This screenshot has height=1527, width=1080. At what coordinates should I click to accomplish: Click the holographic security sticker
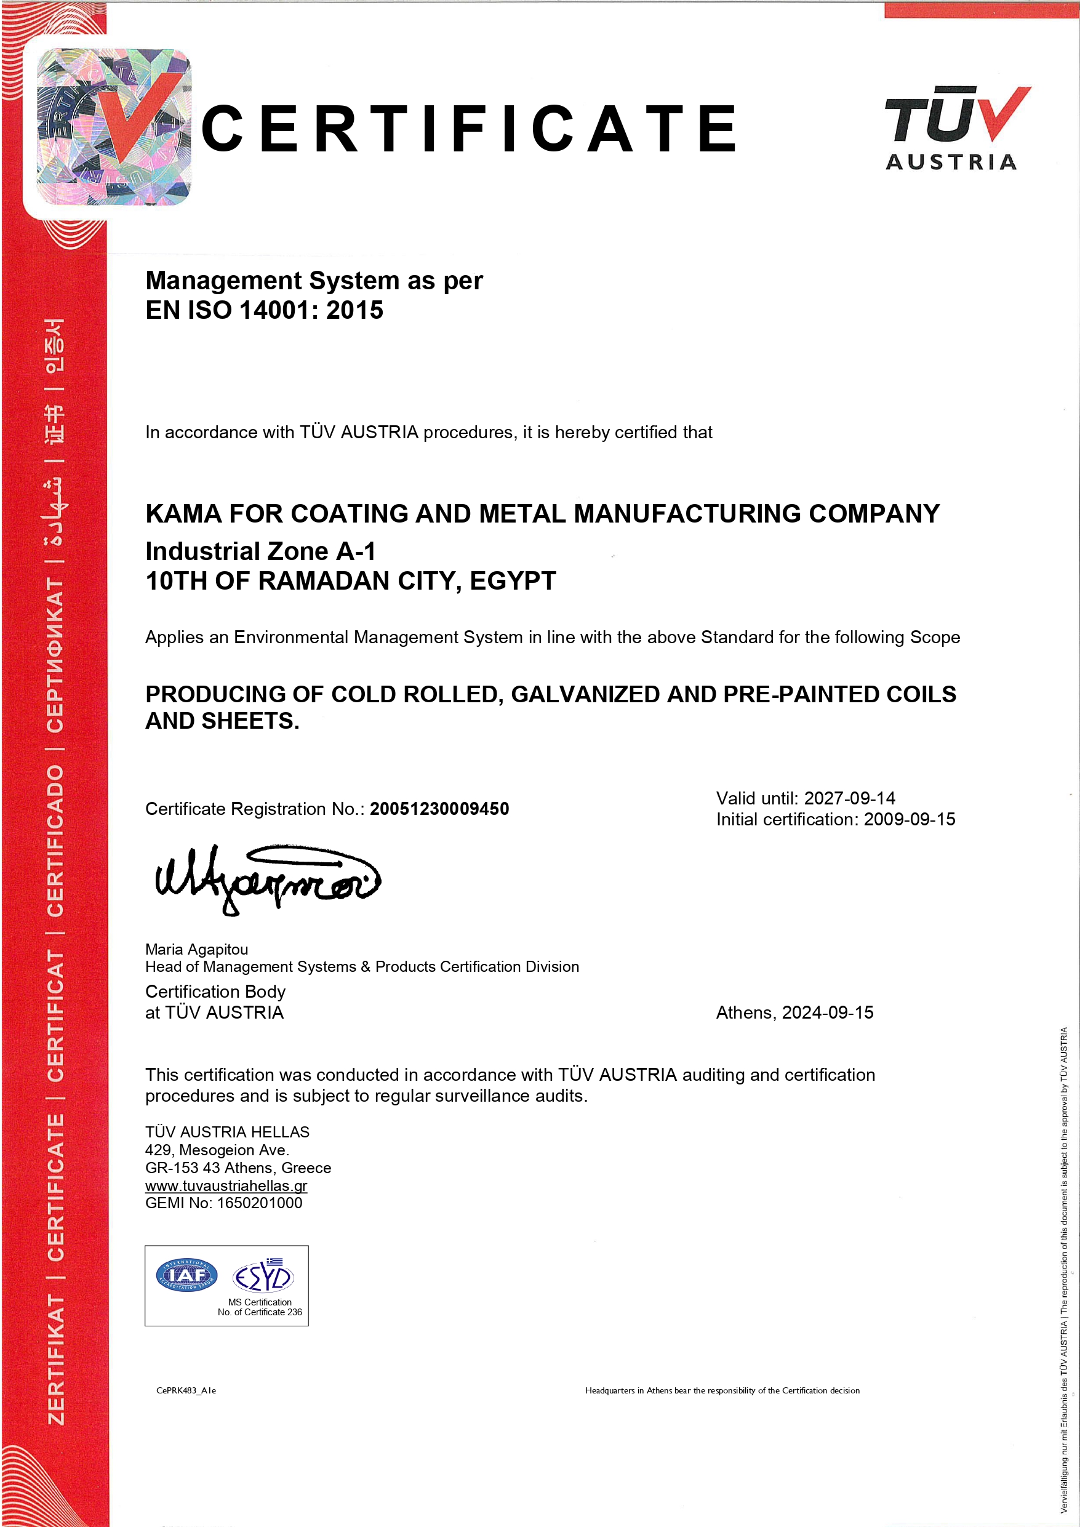tap(114, 126)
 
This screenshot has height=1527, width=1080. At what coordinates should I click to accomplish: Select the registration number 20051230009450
tap(439, 809)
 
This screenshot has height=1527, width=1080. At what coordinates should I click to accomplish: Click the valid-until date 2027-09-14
tap(849, 798)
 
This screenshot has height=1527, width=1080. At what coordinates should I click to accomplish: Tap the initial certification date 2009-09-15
tap(909, 819)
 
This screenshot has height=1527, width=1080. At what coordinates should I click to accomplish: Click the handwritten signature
tap(266, 880)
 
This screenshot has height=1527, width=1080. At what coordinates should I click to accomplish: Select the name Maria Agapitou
tap(196, 949)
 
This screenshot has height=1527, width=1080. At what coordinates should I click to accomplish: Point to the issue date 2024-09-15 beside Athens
tap(827, 1012)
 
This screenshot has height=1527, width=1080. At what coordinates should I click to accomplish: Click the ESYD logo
tap(263, 1277)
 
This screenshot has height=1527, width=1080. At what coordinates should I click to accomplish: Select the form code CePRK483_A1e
tap(186, 1390)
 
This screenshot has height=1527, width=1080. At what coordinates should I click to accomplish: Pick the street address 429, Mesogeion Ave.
tap(217, 1150)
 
